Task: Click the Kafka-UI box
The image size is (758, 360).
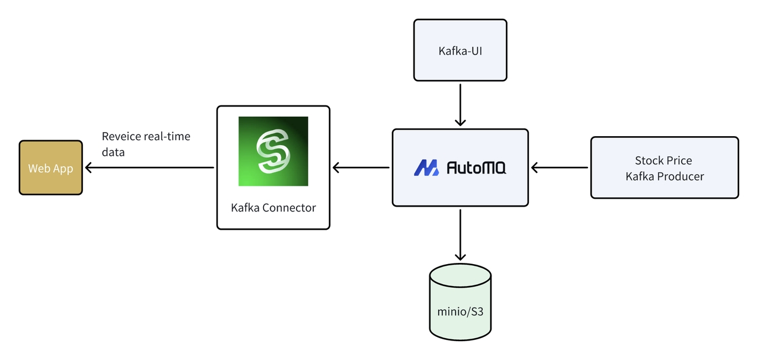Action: point(460,50)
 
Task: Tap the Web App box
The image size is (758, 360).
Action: point(51,168)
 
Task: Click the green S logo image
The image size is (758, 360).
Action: point(273,151)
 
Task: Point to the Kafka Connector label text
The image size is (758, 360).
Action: point(273,208)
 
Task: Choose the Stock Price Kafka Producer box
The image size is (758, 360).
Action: point(664,168)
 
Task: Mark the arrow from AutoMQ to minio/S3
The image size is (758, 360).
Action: point(460,234)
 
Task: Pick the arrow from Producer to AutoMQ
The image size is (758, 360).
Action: point(560,168)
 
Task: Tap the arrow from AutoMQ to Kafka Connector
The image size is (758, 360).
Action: point(361,168)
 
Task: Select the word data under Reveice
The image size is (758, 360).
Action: point(113,152)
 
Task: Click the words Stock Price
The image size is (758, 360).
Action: point(663,160)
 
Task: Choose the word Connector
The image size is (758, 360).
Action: point(289,208)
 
